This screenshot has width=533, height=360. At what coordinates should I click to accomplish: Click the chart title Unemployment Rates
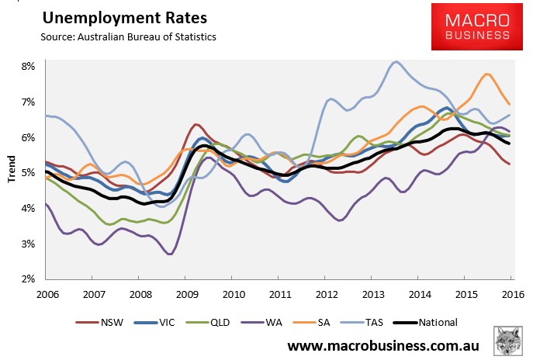[125, 18]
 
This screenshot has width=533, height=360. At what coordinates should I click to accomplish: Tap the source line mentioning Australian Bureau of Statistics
[128, 36]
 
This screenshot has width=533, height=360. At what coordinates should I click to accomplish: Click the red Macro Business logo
[477, 27]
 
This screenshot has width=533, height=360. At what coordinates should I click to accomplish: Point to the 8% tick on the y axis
[28, 66]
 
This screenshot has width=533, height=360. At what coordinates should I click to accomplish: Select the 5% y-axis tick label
[28, 173]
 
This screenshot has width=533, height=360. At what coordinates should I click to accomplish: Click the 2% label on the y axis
[28, 279]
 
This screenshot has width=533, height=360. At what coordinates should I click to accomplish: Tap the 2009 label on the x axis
[187, 294]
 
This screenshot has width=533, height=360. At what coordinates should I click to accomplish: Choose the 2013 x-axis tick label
[373, 294]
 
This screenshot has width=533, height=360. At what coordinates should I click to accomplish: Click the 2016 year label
[513, 294]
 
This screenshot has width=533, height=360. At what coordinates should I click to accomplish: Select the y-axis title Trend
[12, 169]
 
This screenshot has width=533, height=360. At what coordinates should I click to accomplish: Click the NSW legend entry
[99, 322]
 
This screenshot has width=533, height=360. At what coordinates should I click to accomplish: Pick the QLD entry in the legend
[208, 322]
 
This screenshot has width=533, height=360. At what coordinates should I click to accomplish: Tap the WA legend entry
[261, 322]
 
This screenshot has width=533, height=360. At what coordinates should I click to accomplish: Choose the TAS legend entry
[360, 322]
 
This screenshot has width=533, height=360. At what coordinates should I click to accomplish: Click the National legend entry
[425, 322]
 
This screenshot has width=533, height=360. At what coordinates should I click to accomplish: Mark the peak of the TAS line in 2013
[396, 62]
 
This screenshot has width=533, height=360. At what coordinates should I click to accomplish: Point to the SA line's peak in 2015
[487, 74]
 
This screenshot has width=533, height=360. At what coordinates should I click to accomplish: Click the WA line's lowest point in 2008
[171, 254]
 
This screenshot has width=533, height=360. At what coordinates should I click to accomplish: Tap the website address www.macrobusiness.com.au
[383, 346]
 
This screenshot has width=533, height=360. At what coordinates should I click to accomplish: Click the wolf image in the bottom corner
[508, 341]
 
